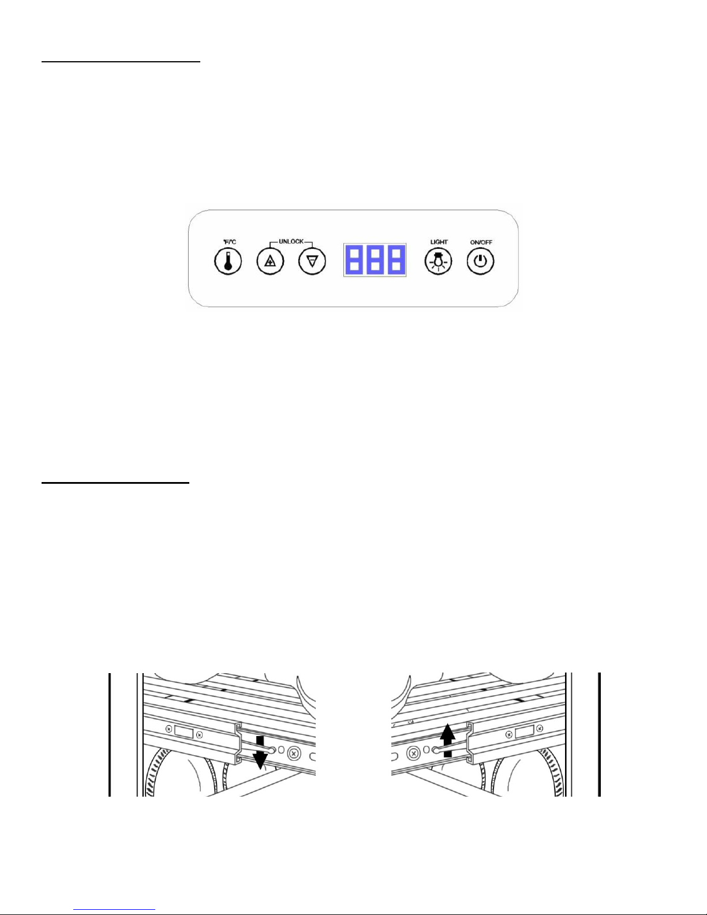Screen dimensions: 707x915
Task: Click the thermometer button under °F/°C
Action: (x=227, y=261)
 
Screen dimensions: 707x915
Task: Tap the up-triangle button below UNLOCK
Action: (x=270, y=262)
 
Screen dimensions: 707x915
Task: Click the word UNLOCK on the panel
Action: (x=291, y=242)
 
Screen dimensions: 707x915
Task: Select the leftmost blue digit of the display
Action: (x=354, y=260)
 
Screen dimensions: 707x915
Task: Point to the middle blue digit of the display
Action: (x=375, y=260)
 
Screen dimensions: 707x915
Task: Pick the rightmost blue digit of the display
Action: (x=395, y=260)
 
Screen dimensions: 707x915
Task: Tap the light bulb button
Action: (x=439, y=262)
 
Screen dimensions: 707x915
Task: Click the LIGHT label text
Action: (x=439, y=242)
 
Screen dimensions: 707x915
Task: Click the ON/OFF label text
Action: (x=481, y=242)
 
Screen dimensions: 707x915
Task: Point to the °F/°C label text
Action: (x=229, y=242)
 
